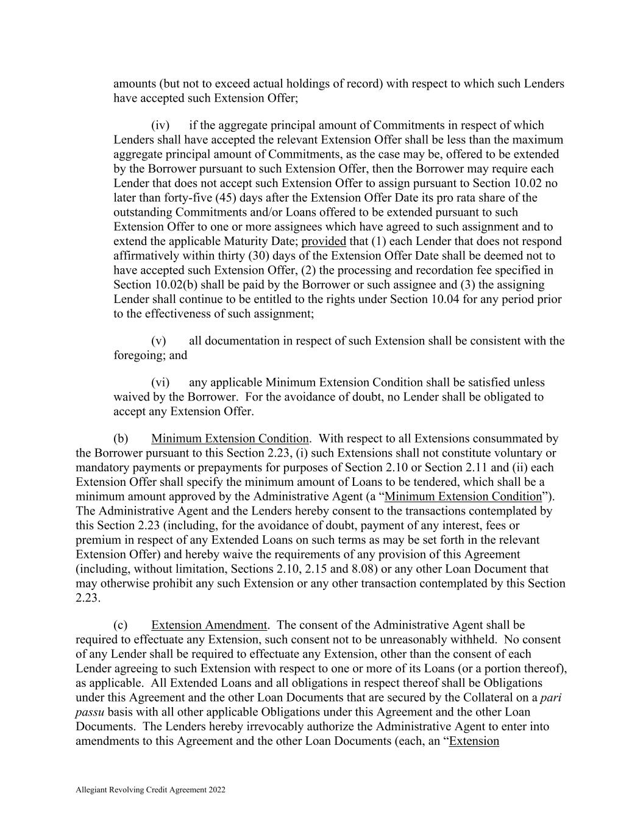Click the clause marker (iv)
tap(160, 126)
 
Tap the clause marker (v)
tap(158, 341)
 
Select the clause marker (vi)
tap(160, 383)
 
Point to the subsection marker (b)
tap(121, 439)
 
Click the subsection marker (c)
tap(121, 625)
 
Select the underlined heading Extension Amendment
tap(209, 625)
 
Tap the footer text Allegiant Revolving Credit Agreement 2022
tap(151, 790)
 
